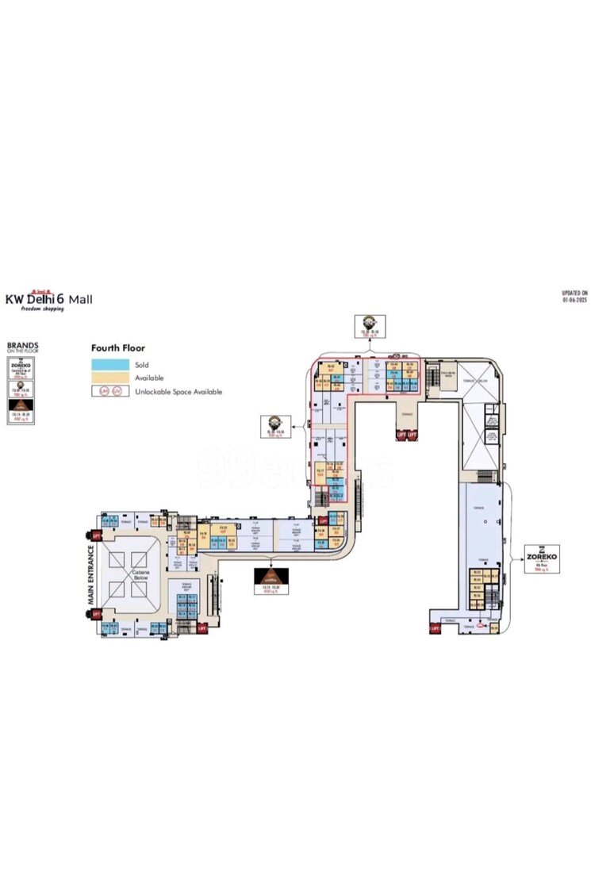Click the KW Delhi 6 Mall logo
[x=49, y=300]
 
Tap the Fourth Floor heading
[x=117, y=347]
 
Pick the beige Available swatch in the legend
[x=110, y=377]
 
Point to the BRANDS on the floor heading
[x=22, y=348]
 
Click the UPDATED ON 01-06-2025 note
[x=574, y=297]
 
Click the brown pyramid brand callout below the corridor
[x=271, y=581]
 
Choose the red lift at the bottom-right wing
[x=435, y=628]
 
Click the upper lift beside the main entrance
[x=97, y=535]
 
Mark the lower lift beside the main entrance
[x=97, y=613]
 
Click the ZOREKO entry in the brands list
[x=22, y=370]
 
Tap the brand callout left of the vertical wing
[x=274, y=426]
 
